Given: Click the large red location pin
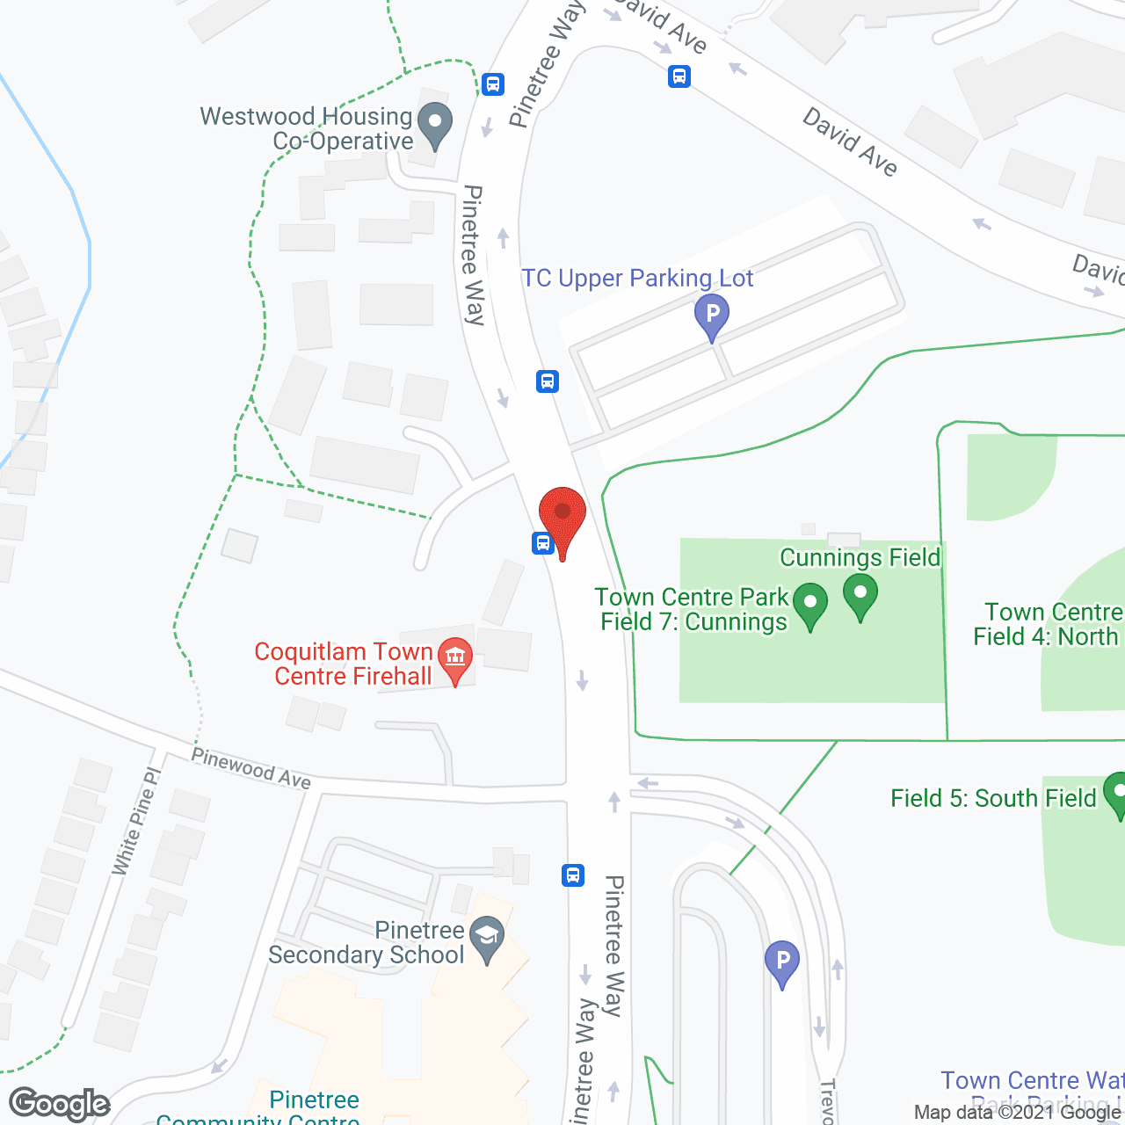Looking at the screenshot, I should click(562, 519).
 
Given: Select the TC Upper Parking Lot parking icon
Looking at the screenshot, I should click(712, 316).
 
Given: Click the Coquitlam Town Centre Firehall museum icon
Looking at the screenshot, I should click(455, 659).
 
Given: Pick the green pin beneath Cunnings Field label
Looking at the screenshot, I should click(860, 595).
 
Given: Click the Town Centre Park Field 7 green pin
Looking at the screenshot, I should click(810, 605).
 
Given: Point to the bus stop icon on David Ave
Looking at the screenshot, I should click(679, 76).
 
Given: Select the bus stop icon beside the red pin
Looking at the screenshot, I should click(543, 542).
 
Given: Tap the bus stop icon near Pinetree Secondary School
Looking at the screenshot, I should click(573, 875).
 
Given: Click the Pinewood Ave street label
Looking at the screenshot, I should click(251, 768).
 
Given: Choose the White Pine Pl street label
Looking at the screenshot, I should click(137, 821).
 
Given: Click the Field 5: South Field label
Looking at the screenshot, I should click(993, 798).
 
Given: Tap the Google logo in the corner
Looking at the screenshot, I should click(59, 1104).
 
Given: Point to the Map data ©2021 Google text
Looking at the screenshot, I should click(1018, 1113).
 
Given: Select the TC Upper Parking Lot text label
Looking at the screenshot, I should click(637, 279).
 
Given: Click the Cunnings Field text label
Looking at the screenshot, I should click(860, 557).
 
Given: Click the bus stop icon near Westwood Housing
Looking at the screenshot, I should click(493, 84).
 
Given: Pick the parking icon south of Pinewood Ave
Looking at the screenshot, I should click(781, 962).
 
